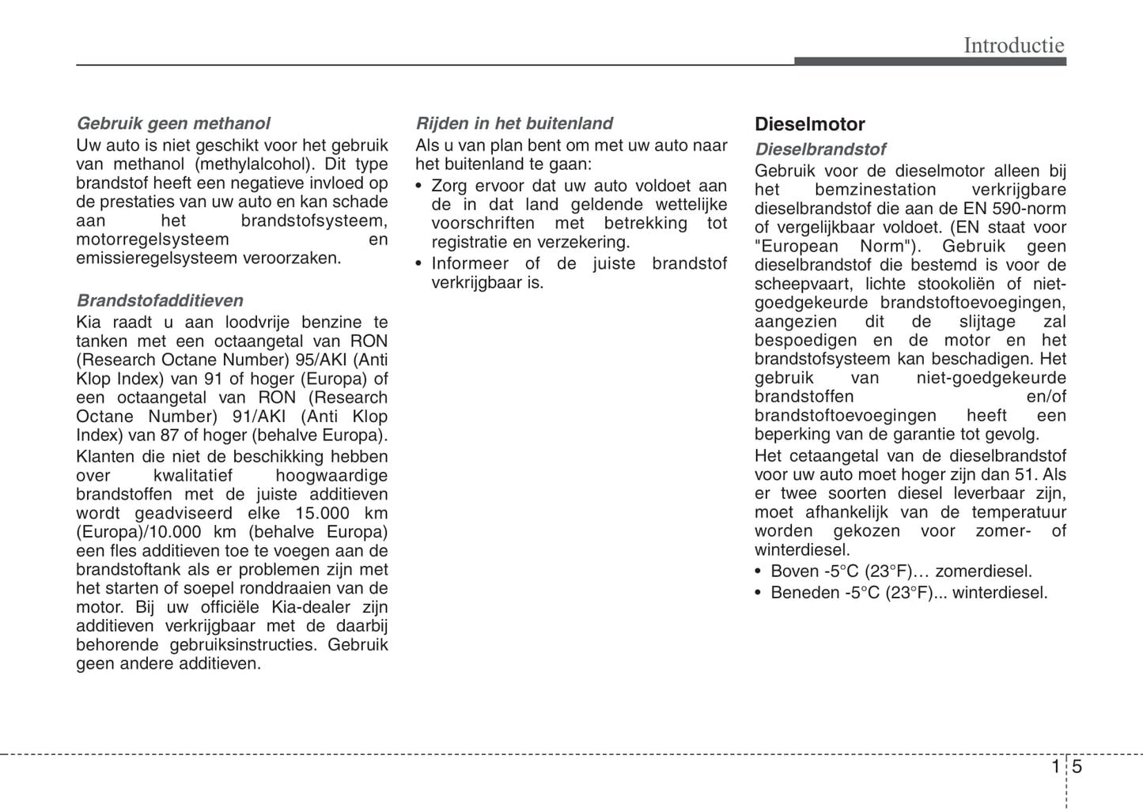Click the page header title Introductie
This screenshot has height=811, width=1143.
tap(1013, 45)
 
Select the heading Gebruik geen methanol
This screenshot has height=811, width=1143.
tap(173, 123)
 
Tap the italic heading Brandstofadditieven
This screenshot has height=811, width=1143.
tap(160, 300)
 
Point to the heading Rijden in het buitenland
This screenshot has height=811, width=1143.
tap(514, 123)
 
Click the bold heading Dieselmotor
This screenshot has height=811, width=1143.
tap(809, 124)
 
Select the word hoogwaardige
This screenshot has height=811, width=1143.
tap(331, 476)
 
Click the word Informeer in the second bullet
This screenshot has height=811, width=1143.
tap(470, 264)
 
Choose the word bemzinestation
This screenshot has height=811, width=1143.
tap(875, 190)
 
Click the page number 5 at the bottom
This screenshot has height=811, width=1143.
tap(1077, 767)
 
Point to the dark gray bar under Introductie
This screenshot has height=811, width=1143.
tap(929, 61)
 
